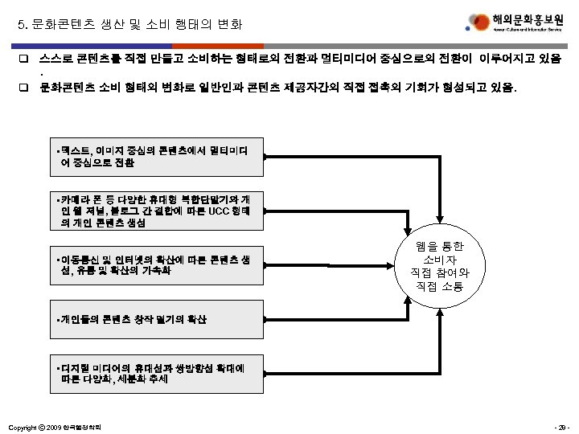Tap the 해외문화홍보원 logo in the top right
tap(515, 24)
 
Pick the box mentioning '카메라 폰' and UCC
tap(154, 211)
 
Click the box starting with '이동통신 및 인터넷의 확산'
tap(154, 264)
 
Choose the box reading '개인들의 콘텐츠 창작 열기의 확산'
tap(154, 319)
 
